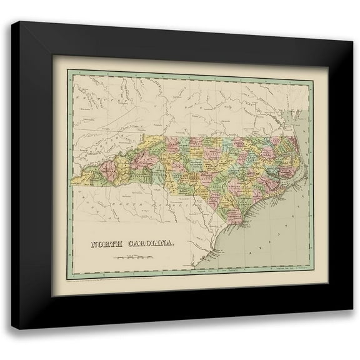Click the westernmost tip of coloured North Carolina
(73, 182)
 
